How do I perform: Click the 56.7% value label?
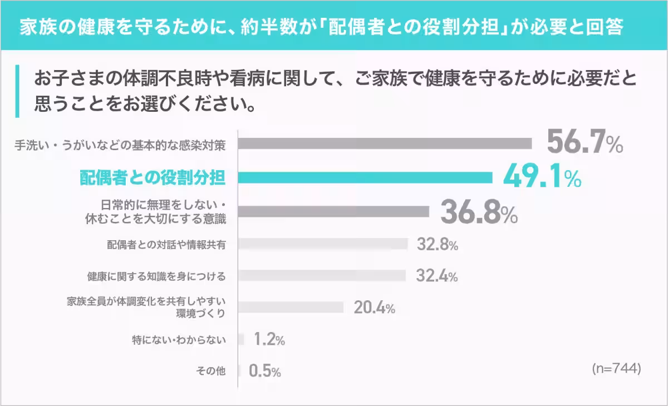tap(584, 143)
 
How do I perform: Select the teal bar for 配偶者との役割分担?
tap(365, 177)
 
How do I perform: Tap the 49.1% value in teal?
tap(542, 177)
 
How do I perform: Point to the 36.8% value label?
tap(479, 212)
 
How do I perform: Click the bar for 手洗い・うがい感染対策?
tap(385, 143)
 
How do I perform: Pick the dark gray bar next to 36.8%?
tap(334, 212)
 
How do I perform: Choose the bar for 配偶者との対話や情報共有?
tap(323, 244)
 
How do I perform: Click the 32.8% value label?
tap(436, 245)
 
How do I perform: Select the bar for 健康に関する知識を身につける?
tap(322, 276)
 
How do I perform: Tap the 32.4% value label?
tap(436, 276)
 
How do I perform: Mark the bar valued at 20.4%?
tap(291, 308)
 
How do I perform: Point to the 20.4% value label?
tap(374, 308)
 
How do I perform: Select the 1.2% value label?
tap(269, 339)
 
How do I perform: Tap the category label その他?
tap(211, 371)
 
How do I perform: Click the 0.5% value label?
tap(264, 371)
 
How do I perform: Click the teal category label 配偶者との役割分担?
tap(152, 177)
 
